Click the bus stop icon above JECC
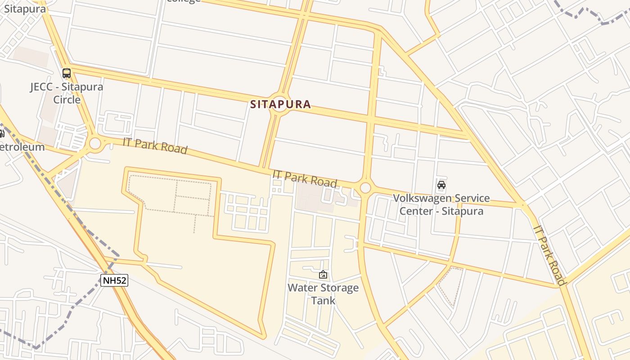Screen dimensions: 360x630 [x=67, y=73]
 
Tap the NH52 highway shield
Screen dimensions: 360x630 [x=114, y=281]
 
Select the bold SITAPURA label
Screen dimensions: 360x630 [x=280, y=104]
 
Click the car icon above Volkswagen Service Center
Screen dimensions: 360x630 [x=441, y=184]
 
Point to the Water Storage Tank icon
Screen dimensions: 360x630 [x=323, y=274]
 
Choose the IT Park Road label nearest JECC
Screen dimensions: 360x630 [x=155, y=145]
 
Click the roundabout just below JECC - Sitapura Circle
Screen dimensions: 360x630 [x=95, y=144]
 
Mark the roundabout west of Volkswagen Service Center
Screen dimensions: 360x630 [x=365, y=188]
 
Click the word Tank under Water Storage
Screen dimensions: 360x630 [x=323, y=300]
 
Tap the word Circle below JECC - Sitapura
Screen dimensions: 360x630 [x=67, y=99]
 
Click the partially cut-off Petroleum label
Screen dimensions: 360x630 [x=22, y=147]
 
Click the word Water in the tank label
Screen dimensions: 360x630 [x=301, y=288]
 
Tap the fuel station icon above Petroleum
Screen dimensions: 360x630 [x=1, y=133]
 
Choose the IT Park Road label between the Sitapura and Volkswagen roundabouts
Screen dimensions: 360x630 [x=305, y=179]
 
